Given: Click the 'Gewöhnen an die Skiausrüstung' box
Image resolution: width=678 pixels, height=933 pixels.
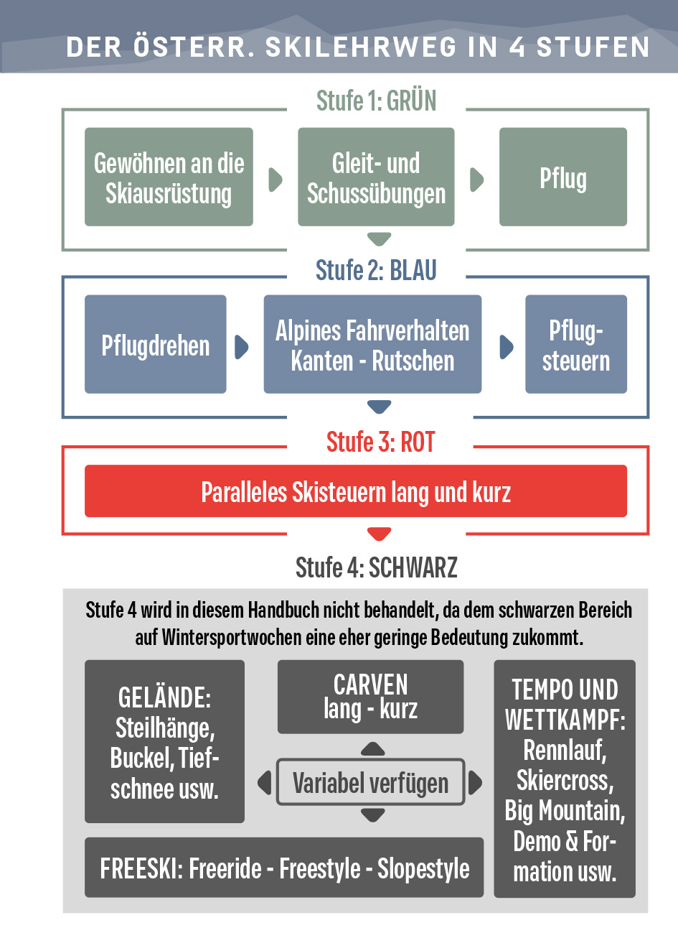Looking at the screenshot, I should tap(169, 177).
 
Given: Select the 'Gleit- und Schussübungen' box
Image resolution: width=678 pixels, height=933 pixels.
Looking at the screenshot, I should tap(376, 177).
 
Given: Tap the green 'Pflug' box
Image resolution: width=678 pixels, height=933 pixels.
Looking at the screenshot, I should tap(562, 177).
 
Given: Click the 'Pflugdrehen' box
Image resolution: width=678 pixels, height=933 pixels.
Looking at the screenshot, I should tap(155, 344).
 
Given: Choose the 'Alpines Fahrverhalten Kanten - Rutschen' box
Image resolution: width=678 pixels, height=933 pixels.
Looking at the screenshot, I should tap(372, 344).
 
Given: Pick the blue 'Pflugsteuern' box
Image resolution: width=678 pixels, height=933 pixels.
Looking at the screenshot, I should tap(575, 344).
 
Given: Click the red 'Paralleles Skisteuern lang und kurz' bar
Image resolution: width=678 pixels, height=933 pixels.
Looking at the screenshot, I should tap(356, 491).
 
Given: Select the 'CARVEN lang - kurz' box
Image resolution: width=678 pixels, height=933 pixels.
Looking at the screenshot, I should tap(370, 697).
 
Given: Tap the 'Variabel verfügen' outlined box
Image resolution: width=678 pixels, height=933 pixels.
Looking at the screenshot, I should tap(370, 782).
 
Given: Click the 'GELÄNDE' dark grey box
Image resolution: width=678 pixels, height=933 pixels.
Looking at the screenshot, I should tap(164, 741).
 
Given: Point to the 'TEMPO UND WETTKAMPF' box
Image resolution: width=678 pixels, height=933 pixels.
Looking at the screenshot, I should tap(565, 779).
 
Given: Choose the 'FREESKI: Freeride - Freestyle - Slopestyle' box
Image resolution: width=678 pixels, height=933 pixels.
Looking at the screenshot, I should tap(284, 868).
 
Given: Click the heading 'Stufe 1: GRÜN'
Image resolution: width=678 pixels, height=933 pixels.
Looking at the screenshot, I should tap(376, 101).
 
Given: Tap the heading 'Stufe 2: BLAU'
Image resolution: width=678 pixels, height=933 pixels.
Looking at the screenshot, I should tap(376, 270).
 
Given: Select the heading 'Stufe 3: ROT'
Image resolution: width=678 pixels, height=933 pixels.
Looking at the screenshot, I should tap(380, 442).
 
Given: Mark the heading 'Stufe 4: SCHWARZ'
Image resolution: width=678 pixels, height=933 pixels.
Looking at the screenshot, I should tap(376, 567).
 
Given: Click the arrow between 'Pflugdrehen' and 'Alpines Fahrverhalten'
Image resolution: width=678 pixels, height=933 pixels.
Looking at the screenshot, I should tap(242, 347).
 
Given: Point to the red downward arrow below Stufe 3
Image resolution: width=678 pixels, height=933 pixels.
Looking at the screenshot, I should tap(379, 534).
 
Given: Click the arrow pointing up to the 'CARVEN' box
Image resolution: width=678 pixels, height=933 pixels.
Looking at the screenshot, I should tap(372, 749).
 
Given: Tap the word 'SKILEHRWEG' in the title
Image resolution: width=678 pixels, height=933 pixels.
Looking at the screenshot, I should tap(361, 47).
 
